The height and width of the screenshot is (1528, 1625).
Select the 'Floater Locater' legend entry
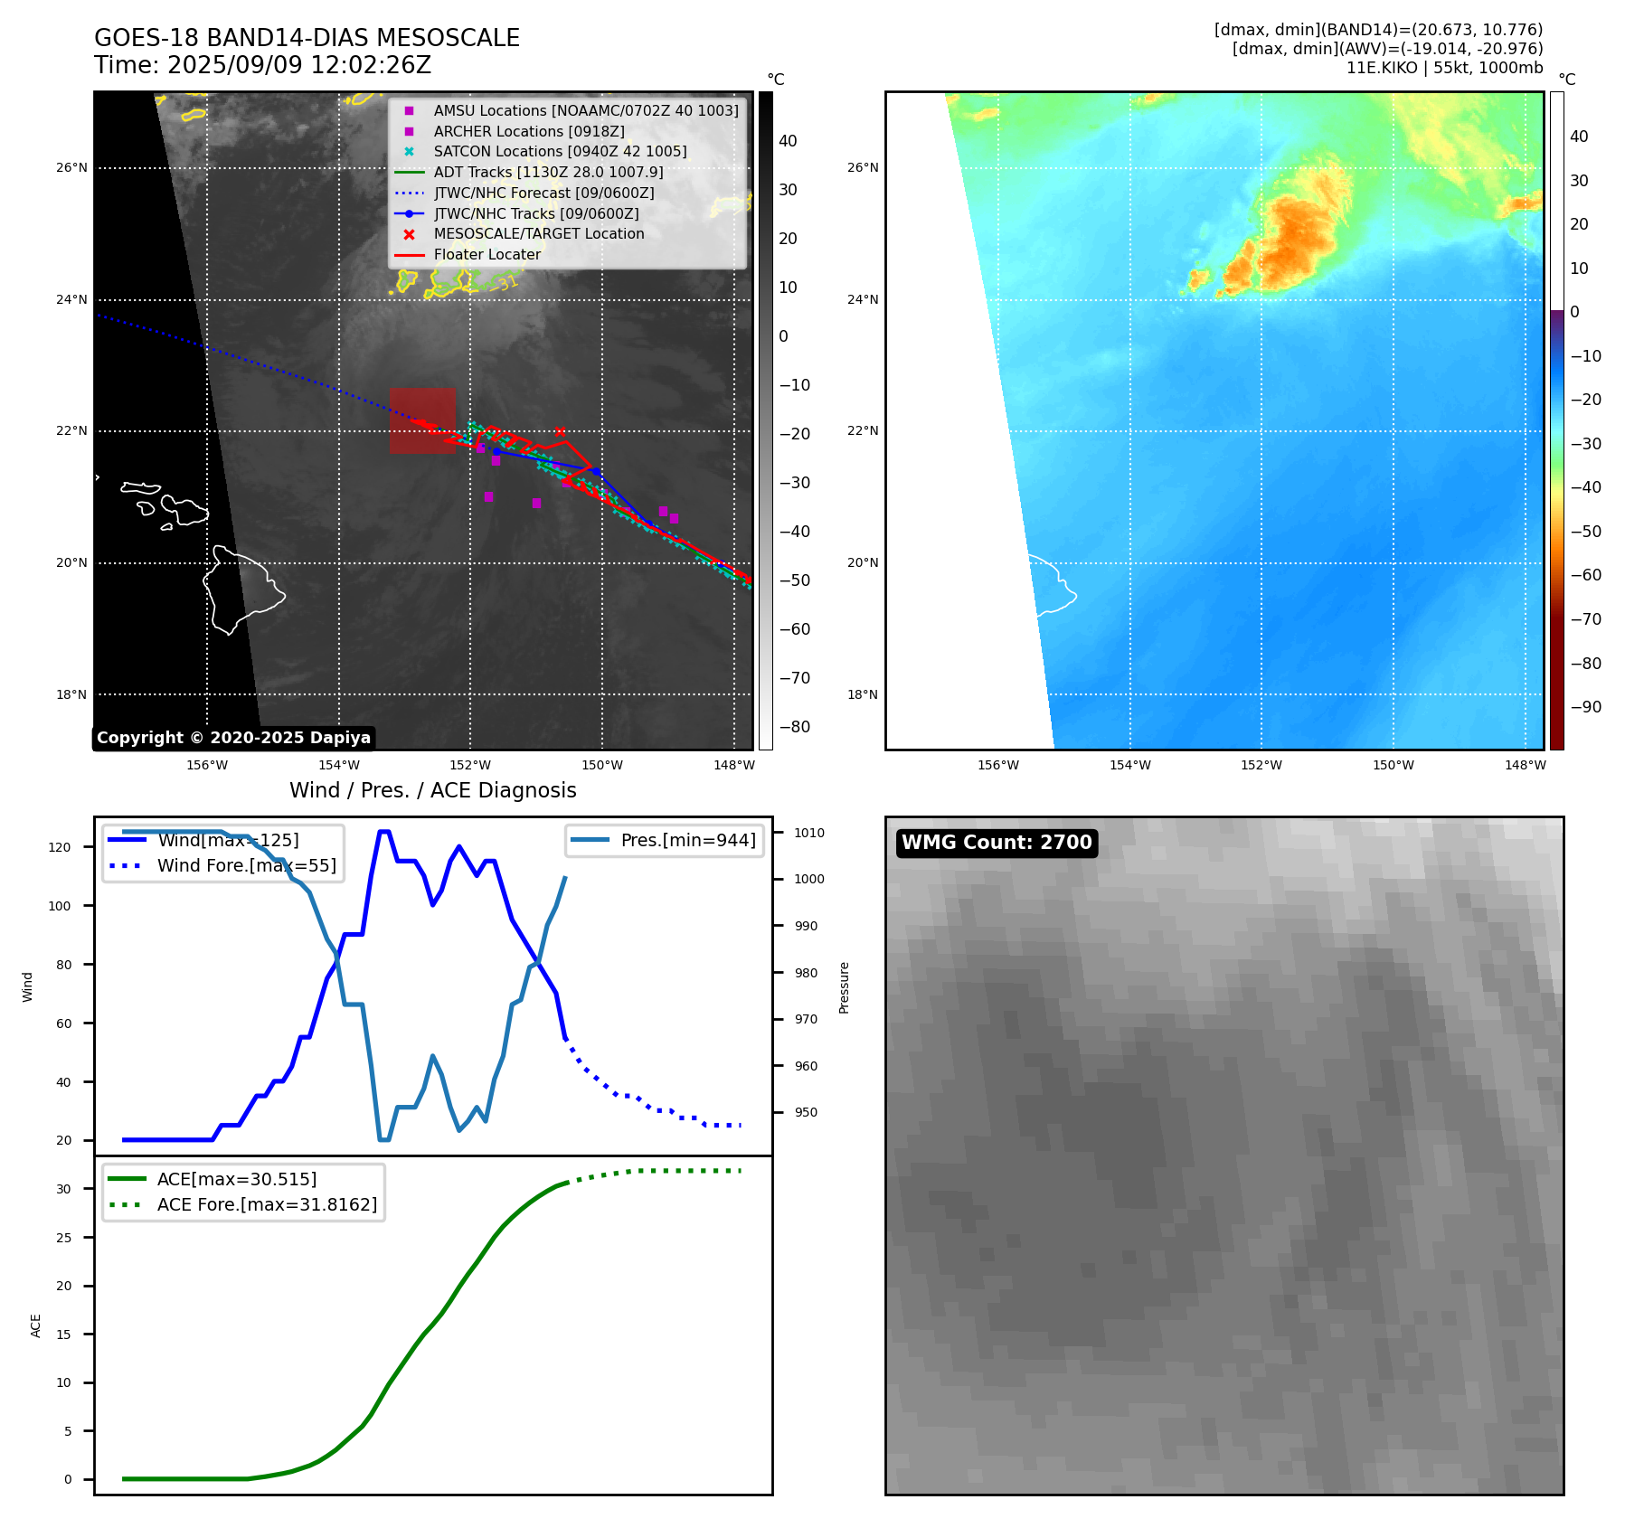487,254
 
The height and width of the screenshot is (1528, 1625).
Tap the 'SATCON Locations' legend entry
560,152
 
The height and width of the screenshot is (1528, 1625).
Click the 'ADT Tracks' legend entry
548,172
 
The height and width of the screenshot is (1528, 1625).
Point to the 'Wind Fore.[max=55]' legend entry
246,865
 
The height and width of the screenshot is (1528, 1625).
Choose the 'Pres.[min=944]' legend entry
687,840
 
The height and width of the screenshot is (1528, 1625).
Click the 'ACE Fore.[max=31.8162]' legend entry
267,1204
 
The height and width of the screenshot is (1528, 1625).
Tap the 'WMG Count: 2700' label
997,843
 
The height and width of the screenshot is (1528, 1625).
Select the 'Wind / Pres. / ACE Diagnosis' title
432,790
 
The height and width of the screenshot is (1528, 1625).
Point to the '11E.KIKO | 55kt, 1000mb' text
1444,68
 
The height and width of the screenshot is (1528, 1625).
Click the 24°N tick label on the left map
72,300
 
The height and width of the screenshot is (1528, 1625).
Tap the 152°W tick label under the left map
470,766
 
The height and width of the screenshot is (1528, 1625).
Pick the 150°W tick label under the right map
1393,766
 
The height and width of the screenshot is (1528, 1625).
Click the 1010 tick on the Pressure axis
809,833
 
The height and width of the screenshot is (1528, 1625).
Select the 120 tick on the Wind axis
60,847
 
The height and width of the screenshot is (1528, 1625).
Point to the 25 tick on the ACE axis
63,1238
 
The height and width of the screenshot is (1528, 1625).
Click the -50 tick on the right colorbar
1585,532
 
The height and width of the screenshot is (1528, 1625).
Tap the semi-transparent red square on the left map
422,420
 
